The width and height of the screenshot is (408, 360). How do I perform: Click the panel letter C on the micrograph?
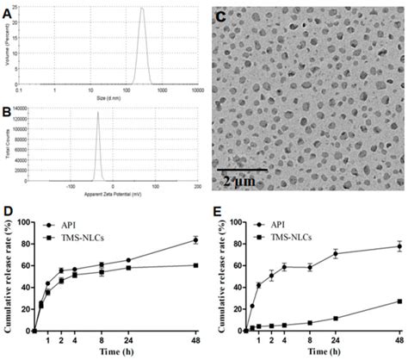[x=221, y=16]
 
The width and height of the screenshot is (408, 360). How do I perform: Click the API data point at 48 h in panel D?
[x=196, y=240]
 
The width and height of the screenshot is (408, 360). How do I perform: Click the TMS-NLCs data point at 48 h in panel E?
[x=399, y=301]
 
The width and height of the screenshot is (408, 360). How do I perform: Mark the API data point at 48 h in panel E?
[x=399, y=246]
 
